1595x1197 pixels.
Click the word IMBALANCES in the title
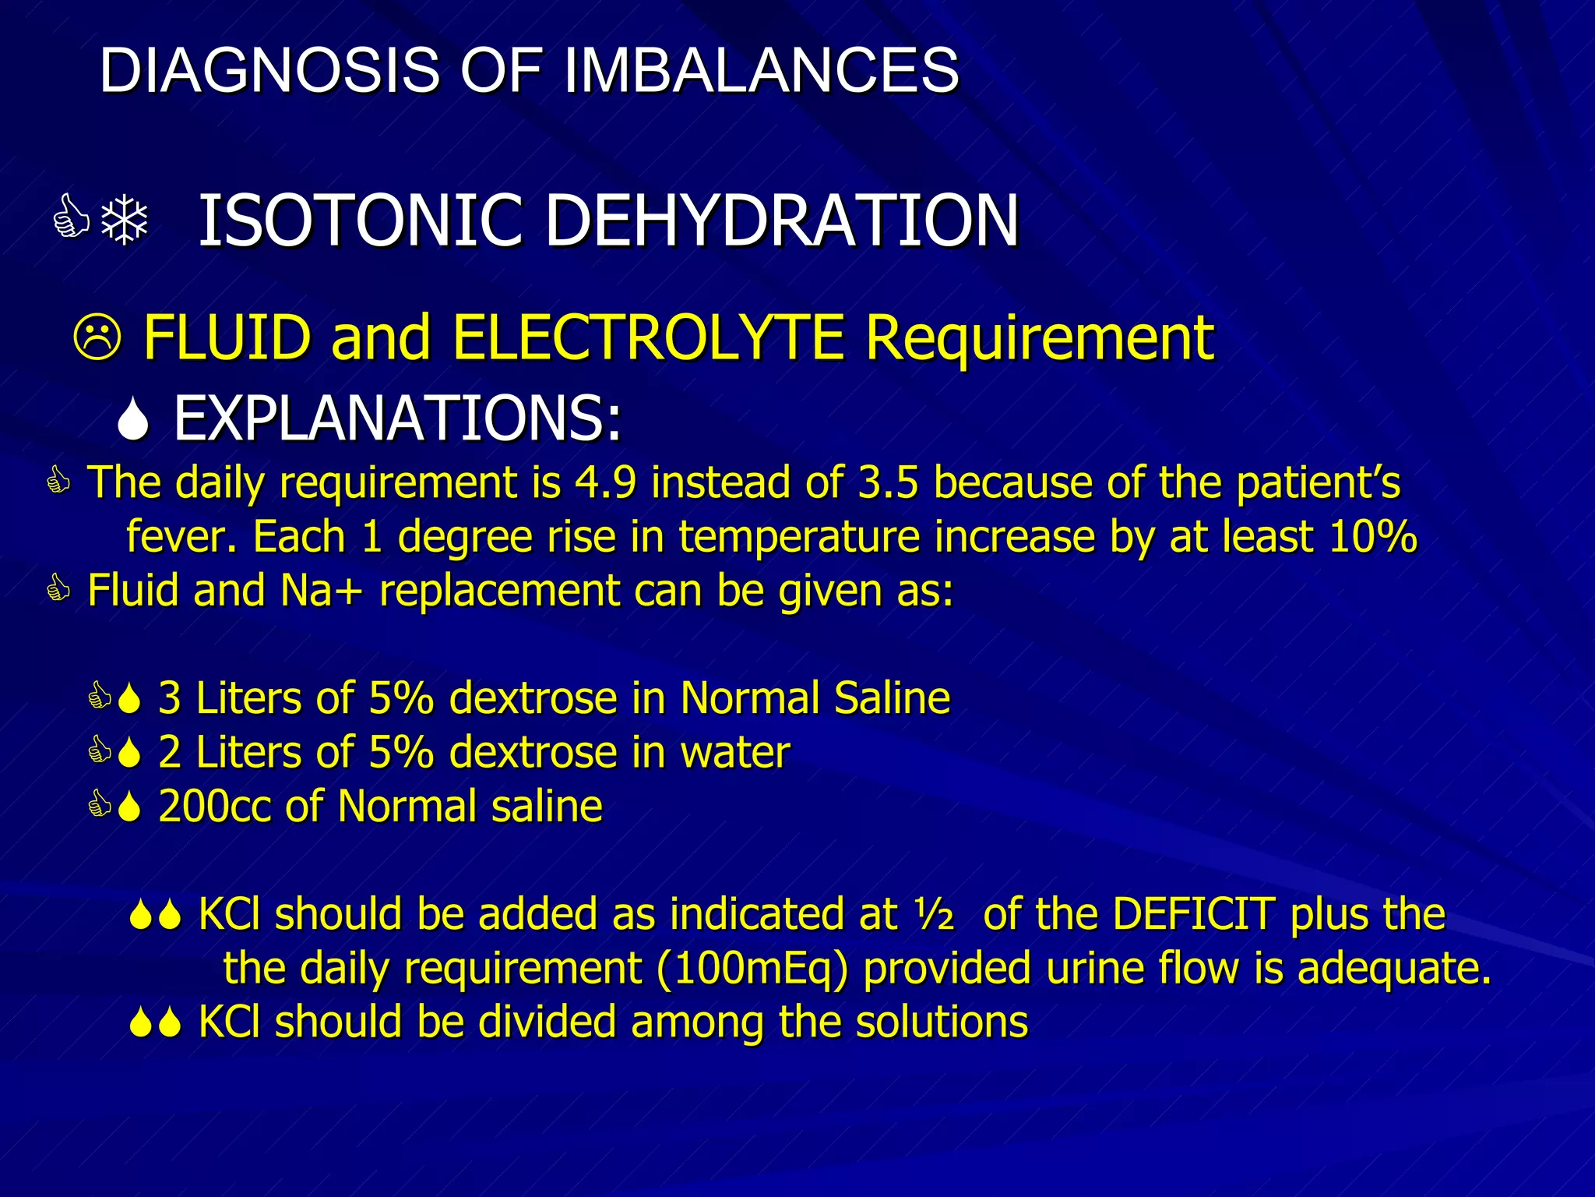[x=761, y=70]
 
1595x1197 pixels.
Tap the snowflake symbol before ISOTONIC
[x=125, y=221]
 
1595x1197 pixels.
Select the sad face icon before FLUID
[x=97, y=338]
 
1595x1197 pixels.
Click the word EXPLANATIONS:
[x=397, y=419]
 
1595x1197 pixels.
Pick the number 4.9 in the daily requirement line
[x=604, y=482]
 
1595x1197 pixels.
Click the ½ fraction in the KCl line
[x=934, y=914]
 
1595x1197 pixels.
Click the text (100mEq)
[x=752, y=969]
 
